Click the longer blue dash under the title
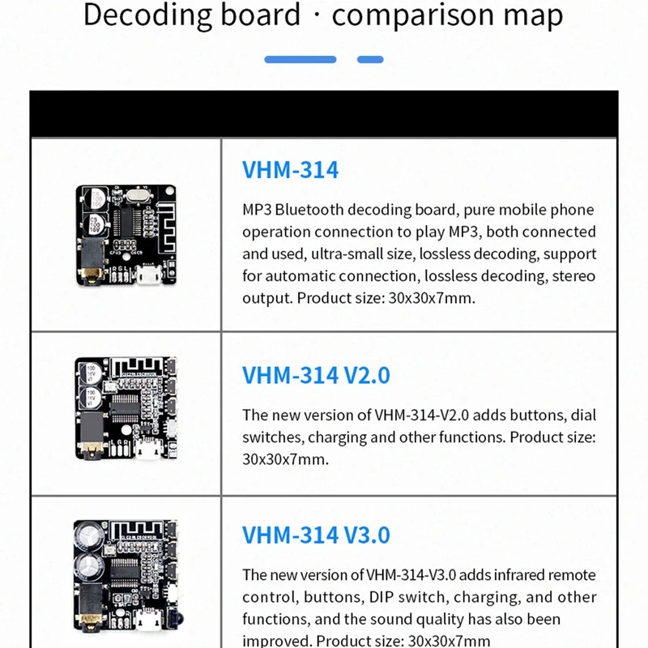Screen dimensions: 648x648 [300, 59]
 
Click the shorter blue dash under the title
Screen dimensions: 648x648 [370, 59]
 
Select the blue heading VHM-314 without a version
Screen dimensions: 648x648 [290, 169]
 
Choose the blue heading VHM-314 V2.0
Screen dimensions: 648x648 [316, 375]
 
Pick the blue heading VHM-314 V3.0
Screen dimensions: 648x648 [316, 535]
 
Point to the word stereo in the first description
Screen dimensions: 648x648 [573, 275]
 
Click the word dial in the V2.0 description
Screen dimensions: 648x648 [583, 415]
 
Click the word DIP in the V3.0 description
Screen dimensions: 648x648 [383, 597]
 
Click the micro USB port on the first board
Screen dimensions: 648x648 [149, 278]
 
